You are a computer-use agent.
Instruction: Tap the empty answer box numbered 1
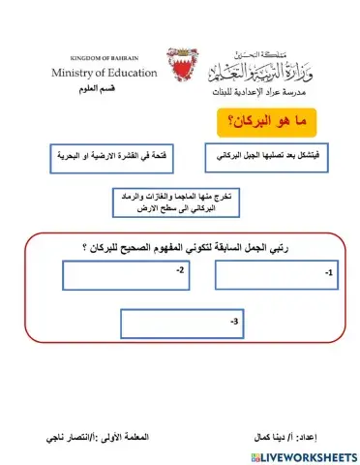click(278, 275)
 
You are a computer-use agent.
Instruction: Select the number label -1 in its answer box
click(329, 274)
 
